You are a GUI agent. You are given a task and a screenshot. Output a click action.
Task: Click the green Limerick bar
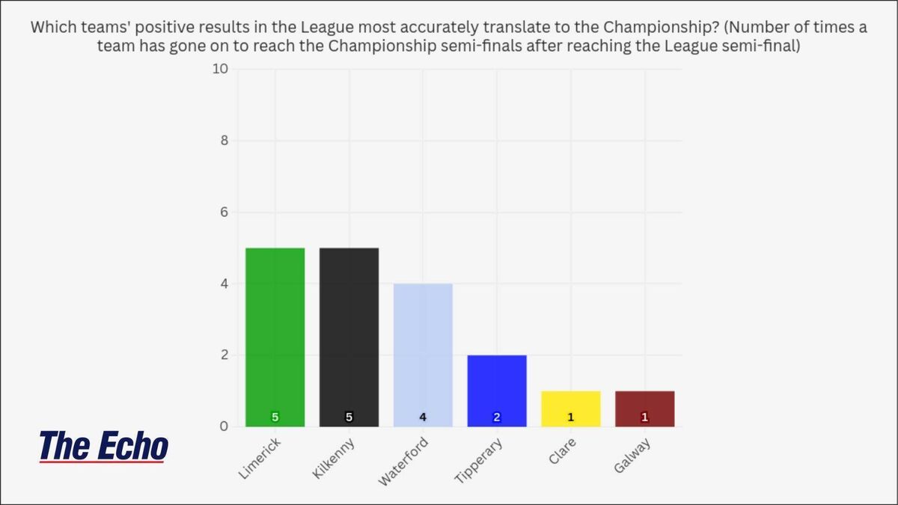(275, 337)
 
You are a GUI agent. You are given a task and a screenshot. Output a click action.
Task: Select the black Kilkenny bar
(349, 337)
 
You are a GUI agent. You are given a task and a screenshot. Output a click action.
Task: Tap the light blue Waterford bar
(423, 355)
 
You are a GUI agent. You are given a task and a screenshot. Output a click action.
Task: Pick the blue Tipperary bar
(497, 391)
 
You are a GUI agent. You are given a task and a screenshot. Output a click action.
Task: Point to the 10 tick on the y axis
(222, 70)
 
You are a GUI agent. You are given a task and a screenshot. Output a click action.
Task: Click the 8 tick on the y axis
(224, 141)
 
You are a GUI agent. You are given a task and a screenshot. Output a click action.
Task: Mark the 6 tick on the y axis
(224, 212)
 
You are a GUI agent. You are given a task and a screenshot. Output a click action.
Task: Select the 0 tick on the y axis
(224, 427)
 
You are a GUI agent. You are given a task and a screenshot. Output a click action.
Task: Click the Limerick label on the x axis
(260, 458)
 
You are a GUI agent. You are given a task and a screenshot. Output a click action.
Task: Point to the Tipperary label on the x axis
(479, 461)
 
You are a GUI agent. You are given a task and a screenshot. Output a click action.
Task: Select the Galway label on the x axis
(633, 456)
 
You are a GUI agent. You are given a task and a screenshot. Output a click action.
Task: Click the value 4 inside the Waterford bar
(423, 417)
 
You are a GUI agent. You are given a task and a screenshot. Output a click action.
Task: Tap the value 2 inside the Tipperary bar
(497, 417)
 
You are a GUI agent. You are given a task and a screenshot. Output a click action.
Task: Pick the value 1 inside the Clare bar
(570, 417)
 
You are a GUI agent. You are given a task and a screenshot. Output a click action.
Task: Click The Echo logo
(103, 447)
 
